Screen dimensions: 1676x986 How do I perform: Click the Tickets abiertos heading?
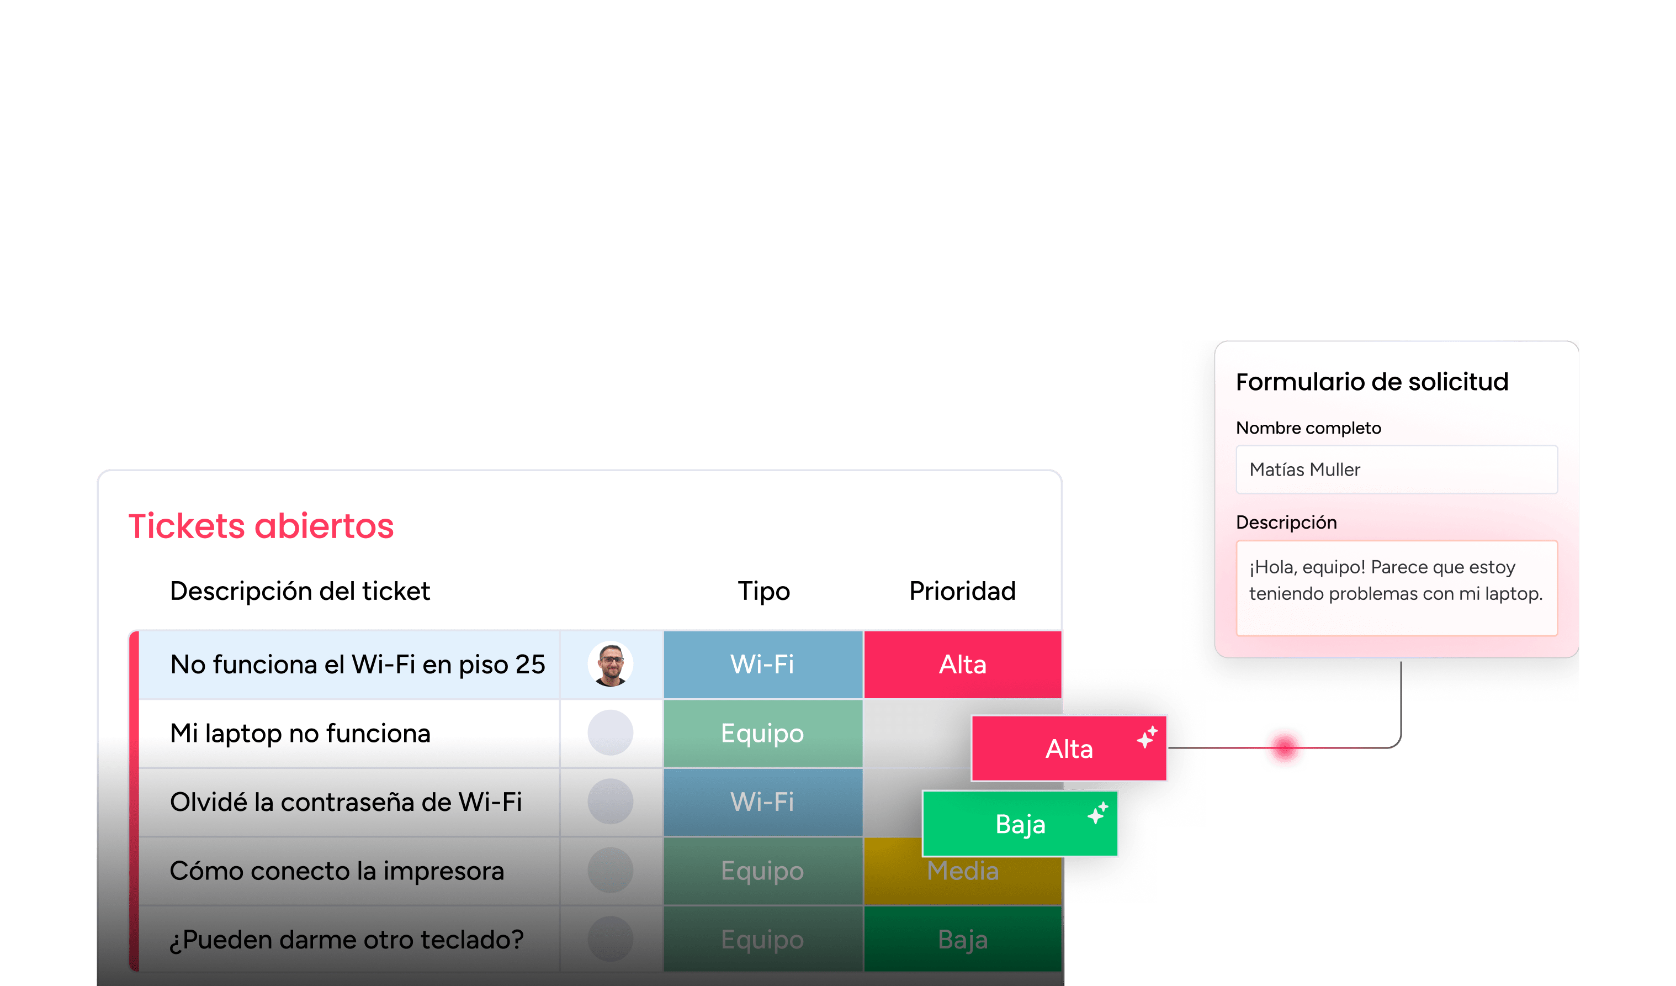point(261,526)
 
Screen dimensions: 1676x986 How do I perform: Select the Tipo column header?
point(763,592)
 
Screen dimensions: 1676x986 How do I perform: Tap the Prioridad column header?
point(962,591)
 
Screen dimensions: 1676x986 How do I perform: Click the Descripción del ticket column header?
point(300,592)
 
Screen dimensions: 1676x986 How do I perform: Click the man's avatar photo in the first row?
point(611,664)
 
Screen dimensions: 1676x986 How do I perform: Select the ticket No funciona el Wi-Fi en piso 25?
point(358,665)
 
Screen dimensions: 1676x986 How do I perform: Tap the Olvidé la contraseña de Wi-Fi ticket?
point(346,802)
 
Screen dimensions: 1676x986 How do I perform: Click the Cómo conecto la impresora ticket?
point(337,871)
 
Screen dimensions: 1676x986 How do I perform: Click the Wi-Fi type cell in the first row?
point(763,665)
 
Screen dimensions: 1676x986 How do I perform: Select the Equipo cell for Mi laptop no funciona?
point(763,733)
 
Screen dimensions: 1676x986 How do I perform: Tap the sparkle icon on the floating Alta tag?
point(1147,737)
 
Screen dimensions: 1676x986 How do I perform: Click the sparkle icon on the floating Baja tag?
point(1098,813)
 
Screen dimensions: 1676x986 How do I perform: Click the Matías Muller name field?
point(1397,470)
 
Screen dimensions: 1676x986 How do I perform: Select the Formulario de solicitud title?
point(1372,382)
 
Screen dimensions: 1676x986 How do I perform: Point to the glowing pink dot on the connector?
point(1285,747)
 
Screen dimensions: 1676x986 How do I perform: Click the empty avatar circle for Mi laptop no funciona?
point(611,732)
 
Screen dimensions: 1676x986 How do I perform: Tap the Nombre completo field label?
point(1308,428)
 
